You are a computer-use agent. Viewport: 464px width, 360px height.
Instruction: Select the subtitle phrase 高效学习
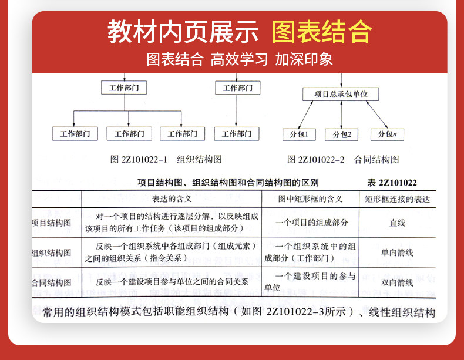coord(239,59)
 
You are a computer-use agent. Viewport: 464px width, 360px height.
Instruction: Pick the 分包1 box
coord(299,134)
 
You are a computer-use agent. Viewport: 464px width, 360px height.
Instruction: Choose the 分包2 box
coord(342,134)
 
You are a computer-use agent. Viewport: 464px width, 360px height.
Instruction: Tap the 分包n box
coord(387,134)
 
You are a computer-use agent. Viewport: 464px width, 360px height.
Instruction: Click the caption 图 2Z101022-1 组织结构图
coord(166,159)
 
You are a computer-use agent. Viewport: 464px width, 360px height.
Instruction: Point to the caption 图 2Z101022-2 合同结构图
coord(343,159)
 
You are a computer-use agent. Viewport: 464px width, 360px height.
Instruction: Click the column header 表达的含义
coord(172,199)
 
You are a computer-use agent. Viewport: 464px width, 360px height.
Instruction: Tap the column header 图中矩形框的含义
coord(310,199)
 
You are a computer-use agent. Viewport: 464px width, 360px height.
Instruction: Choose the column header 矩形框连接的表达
coord(398,199)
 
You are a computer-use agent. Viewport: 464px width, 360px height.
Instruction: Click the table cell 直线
coord(398,223)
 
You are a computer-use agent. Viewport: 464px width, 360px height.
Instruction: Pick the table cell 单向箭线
coord(398,253)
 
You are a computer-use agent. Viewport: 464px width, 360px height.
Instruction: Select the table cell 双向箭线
coord(398,282)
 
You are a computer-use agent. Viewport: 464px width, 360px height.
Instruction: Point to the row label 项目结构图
coord(52,223)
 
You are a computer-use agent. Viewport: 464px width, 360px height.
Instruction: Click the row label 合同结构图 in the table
coord(52,282)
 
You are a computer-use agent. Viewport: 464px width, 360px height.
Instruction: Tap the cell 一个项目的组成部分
coord(311,223)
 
